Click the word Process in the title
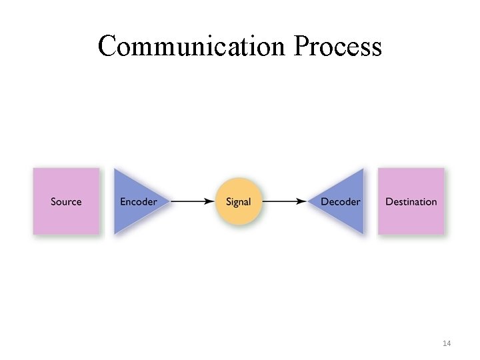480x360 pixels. click(x=338, y=46)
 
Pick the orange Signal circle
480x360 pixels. click(x=238, y=201)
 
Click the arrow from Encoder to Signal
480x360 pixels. click(x=192, y=201)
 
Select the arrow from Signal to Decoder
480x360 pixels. click(x=284, y=201)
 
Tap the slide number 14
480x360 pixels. click(x=447, y=343)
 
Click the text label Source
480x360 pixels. click(x=66, y=201)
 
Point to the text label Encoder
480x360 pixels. click(x=138, y=201)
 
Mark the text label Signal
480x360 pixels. click(x=238, y=201)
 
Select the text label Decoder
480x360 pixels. click(x=340, y=201)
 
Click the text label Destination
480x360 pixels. click(x=411, y=201)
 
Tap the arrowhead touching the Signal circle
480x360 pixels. click(x=211, y=201)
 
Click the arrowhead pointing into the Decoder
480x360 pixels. click(x=302, y=201)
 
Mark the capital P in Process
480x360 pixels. click(x=300, y=46)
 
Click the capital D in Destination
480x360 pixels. click(x=389, y=201)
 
